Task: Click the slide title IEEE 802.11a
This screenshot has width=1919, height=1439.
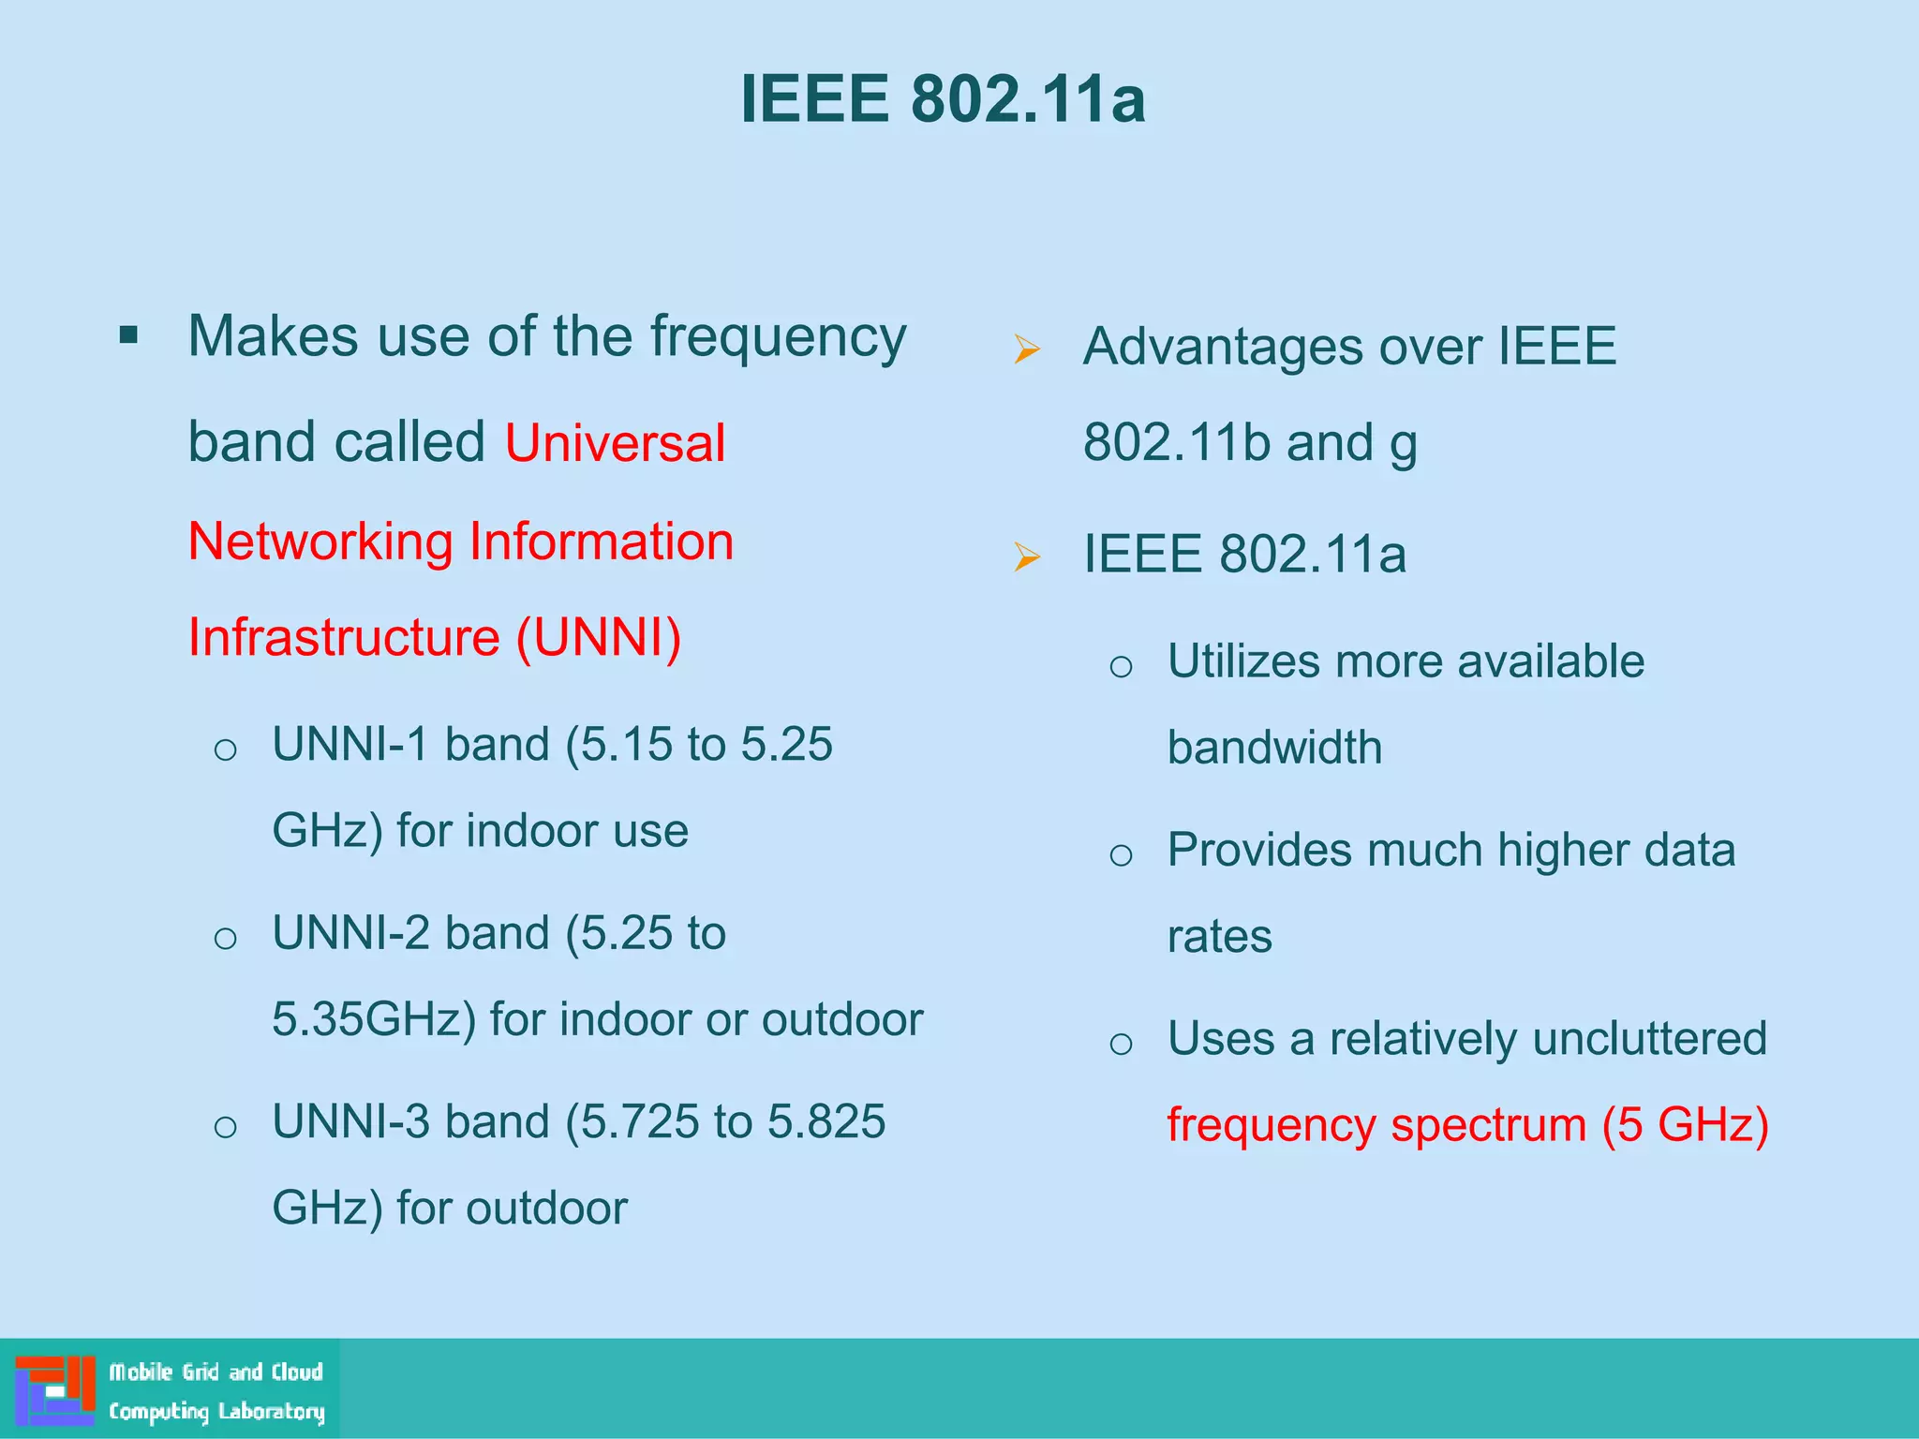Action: tap(943, 98)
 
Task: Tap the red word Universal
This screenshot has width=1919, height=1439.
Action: tap(615, 443)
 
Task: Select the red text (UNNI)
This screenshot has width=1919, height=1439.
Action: tap(600, 638)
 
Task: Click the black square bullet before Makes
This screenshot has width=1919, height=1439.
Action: tap(129, 335)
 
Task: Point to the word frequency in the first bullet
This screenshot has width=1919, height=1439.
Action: tap(778, 337)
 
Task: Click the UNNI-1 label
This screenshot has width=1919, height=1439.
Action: tap(350, 745)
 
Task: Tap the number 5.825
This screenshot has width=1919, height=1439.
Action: tap(826, 1121)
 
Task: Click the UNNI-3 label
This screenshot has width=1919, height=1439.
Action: tap(350, 1121)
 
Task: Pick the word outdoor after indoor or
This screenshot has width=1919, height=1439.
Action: tap(841, 1019)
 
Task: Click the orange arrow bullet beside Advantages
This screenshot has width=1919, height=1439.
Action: tap(1027, 349)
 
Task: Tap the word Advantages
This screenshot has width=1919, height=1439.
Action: tap(1223, 347)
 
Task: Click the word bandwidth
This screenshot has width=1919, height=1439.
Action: tap(1274, 748)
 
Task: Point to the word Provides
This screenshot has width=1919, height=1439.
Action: tap(1260, 851)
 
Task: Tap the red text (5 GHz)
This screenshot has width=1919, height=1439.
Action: tap(1685, 1125)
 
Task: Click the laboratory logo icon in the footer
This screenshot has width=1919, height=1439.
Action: tap(55, 1390)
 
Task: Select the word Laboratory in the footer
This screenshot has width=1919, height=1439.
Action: tap(271, 1412)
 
